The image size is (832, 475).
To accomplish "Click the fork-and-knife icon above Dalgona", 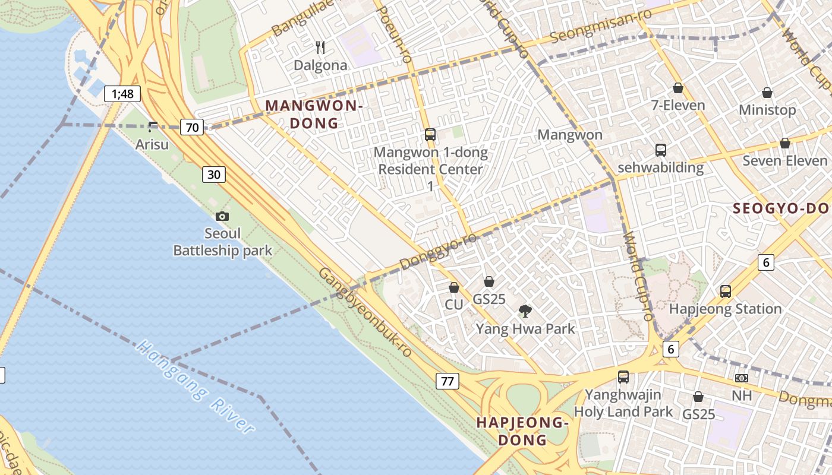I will click(320, 47).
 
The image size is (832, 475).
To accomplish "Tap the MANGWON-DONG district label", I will click(314, 115).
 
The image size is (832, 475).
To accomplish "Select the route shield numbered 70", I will click(193, 126).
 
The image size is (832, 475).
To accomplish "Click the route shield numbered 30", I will click(214, 174).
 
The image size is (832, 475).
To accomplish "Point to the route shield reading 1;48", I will click(122, 93).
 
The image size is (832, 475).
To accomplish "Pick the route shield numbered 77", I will click(447, 381).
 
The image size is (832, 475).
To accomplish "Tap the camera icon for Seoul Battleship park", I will click(222, 217).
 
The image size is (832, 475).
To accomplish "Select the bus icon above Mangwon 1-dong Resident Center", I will click(430, 135).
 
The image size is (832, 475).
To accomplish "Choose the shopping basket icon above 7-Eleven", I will click(678, 88).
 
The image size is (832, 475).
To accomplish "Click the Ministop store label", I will click(767, 110).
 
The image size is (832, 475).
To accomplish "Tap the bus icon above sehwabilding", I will click(661, 150).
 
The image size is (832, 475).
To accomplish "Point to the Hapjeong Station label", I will click(725, 309).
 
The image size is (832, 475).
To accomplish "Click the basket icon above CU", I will click(454, 287).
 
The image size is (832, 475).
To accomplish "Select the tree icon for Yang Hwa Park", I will click(525, 311).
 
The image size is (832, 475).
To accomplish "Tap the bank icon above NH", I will click(741, 378).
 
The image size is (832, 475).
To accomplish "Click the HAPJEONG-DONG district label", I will click(523, 431).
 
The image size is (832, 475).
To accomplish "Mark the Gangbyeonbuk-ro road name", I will click(365, 312).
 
